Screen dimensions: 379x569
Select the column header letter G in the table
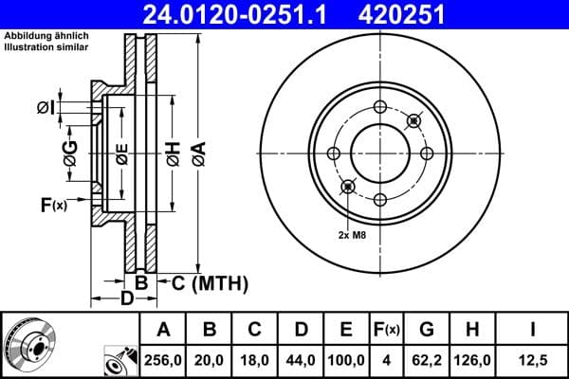pos(427,331)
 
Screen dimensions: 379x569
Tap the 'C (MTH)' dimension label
pos(210,281)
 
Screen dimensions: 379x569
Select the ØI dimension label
pos(45,107)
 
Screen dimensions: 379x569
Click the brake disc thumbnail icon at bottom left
pos(28,345)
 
